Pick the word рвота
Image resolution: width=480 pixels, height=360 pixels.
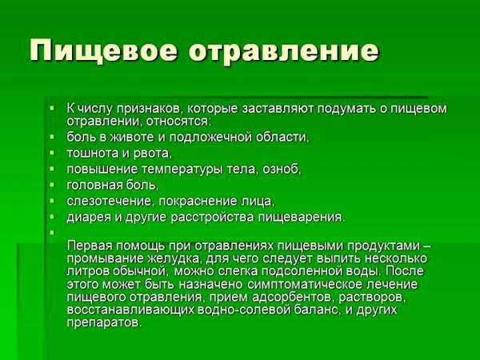[x=154, y=152]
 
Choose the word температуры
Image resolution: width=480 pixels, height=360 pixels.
[x=187, y=169]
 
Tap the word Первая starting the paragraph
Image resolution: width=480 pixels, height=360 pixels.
[x=90, y=246]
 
